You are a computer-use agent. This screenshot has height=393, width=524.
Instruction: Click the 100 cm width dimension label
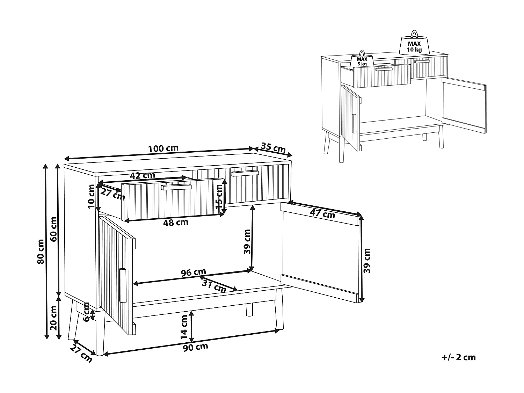[163, 148]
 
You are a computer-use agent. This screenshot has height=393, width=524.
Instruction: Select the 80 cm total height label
[41, 251]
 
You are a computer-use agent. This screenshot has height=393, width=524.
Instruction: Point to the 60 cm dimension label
[53, 229]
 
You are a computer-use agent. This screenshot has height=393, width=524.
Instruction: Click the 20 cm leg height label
[53, 318]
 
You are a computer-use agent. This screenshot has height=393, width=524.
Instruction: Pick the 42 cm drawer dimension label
[143, 175]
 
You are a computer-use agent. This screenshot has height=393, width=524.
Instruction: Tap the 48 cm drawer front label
[176, 222]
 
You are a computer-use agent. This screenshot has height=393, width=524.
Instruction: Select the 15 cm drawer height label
[219, 196]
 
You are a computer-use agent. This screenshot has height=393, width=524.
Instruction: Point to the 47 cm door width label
[322, 214]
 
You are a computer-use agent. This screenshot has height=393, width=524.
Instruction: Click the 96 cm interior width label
[193, 272]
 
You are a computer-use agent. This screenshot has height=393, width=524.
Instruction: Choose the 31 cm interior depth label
[214, 286]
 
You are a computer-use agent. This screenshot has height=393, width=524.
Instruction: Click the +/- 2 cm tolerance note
[459, 357]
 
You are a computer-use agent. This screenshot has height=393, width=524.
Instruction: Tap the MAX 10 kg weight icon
[414, 44]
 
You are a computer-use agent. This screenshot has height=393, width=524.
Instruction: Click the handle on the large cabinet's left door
[122, 285]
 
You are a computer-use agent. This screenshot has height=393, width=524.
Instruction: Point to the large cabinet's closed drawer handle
[245, 173]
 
